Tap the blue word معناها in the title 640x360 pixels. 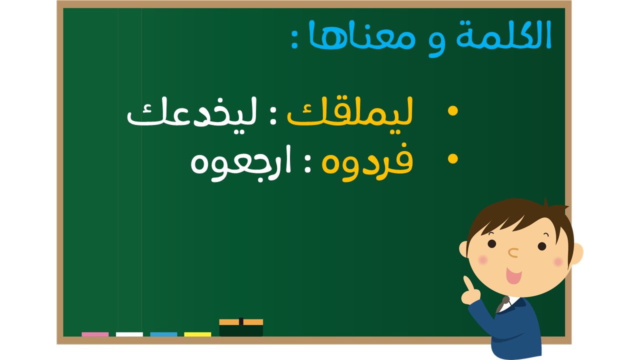click(x=361, y=34)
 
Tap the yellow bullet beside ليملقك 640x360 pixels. click(x=453, y=111)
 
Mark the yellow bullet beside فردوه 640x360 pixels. click(x=453, y=159)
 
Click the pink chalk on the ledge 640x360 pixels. click(x=95, y=334)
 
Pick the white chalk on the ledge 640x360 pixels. click(x=129, y=334)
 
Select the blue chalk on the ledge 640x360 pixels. click(x=163, y=334)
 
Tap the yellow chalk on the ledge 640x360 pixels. click(x=197, y=334)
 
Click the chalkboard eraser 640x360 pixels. click(x=241, y=327)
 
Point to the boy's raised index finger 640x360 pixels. click(x=467, y=283)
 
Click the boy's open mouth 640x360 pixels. click(x=513, y=275)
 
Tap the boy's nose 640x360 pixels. click(x=513, y=252)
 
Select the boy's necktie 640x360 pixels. click(x=502, y=305)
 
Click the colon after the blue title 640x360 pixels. click(x=295, y=40)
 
